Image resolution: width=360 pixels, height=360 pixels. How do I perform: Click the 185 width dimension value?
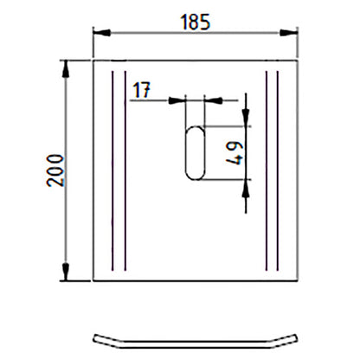coord(196,22)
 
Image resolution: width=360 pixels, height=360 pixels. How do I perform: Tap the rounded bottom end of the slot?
coord(196,176)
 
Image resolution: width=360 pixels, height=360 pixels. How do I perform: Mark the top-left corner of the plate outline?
coord(93,61)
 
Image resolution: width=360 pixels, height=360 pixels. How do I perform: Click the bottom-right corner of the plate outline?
coord(298,280)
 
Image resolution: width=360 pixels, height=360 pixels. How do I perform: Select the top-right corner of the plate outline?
coord(298,61)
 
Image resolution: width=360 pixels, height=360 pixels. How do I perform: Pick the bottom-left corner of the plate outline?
coord(93,280)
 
